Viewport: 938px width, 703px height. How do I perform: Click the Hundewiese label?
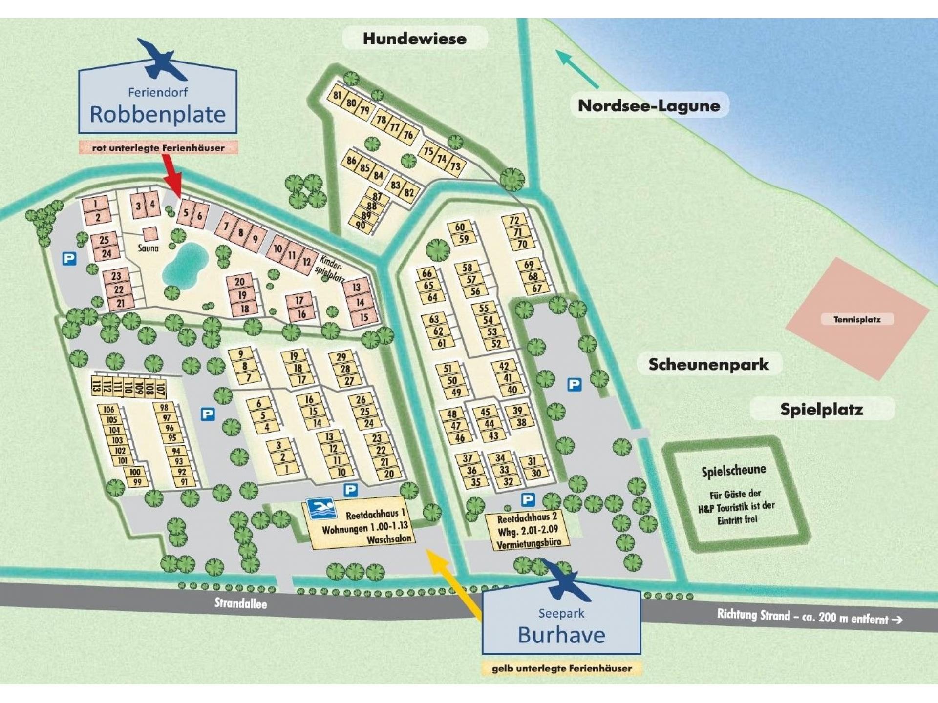(x=414, y=39)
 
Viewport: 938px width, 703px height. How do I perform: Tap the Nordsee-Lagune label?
(x=649, y=105)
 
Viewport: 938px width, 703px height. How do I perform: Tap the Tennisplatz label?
(x=857, y=319)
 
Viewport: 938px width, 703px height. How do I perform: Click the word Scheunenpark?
(x=708, y=364)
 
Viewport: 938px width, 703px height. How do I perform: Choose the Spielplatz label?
(x=821, y=409)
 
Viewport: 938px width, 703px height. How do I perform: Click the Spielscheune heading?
(x=733, y=471)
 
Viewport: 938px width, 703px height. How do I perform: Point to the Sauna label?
(x=148, y=248)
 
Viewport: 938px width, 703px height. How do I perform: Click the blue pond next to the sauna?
(x=185, y=267)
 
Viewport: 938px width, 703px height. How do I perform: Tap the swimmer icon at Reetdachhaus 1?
(x=321, y=509)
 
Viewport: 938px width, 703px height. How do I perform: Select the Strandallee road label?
(x=241, y=603)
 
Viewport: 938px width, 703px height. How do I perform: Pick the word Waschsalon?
(x=389, y=539)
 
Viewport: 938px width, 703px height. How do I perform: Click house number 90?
(x=361, y=225)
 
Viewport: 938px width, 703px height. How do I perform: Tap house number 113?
(x=96, y=386)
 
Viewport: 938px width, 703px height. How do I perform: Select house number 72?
(x=514, y=220)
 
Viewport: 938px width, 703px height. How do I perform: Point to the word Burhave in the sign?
(x=561, y=635)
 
